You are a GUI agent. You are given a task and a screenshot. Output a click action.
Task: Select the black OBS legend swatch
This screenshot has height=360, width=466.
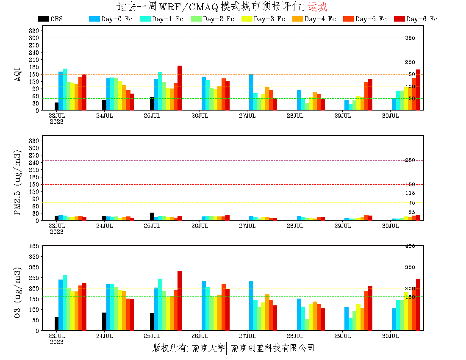point(43,19)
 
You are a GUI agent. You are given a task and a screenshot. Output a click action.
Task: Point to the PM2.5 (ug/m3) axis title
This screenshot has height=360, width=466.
point(18,182)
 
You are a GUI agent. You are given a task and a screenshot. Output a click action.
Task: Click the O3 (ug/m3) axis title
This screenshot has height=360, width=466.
point(18,293)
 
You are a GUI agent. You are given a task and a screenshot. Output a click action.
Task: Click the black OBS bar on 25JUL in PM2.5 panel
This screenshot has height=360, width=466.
point(152,216)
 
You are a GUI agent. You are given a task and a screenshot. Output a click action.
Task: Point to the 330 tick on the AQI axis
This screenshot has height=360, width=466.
point(34,30)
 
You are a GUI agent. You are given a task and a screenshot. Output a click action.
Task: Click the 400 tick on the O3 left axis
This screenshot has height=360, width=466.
point(34,246)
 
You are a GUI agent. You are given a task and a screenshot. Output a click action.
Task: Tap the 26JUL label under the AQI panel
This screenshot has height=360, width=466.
point(200,116)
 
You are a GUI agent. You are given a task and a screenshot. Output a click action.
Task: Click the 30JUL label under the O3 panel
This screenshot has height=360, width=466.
point(391,336)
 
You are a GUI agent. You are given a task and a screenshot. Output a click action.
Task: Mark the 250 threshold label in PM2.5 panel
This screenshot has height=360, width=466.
point(410,160)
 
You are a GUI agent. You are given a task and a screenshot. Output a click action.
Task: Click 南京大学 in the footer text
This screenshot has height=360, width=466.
point(208,348)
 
